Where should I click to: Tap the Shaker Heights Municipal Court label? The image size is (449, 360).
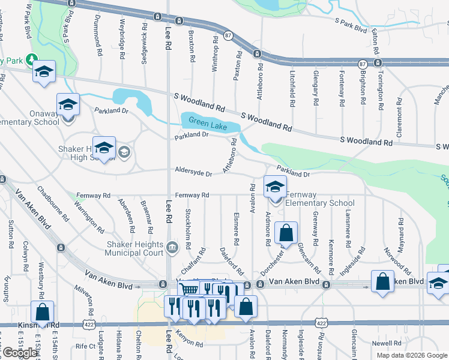pos(134,248)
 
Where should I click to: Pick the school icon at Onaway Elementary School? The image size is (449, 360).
pos(68,105)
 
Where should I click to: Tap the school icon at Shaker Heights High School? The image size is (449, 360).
pos(104,147)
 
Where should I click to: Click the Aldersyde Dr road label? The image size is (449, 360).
pos(193,173)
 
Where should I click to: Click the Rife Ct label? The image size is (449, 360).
pos(85,346)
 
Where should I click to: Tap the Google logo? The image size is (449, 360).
pos(19,352)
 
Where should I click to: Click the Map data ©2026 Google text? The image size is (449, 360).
pos(411,355)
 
